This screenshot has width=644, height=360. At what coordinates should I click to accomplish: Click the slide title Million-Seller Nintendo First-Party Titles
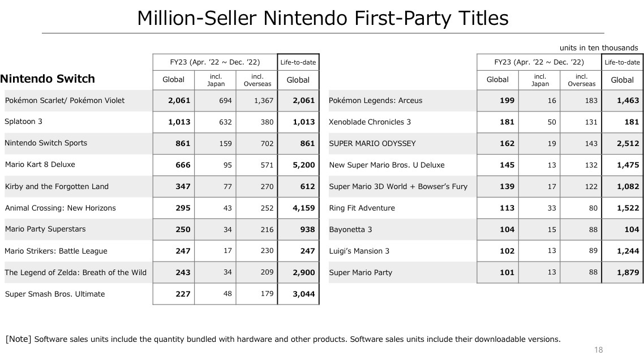pyautogui.click(x=323, y=18)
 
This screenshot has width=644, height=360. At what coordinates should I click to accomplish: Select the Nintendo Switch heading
pyautogui.click(x=48, y=79)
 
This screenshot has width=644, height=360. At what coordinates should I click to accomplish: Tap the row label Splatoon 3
pyautogui.click(x=24, y=121)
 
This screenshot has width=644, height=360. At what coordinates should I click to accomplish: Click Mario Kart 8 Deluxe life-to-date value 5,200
pyautogui.click(x=303, y=165)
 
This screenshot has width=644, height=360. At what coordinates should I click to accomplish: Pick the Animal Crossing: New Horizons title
pyautogui.click(x=60, y=208)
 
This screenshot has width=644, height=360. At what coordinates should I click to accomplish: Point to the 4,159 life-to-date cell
pyautogui.click(x=303, y=208)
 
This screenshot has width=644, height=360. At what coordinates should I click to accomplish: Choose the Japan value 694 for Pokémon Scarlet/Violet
pyautogui.click(x=225, y=100)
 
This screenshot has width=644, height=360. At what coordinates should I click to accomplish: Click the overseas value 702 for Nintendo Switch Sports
pyautogui.click(x=266, y=143)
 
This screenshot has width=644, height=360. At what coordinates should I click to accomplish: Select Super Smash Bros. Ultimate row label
pyautogui.click(x=55, y=294)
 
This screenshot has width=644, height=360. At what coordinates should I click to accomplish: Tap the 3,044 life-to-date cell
pyautogui.click(x=303, y=294)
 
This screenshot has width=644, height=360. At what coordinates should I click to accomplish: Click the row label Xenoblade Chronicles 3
pyautogui.click(x=370, y=122)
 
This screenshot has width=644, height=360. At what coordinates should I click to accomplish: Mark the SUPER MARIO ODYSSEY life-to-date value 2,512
pyautogui.click(x=628, y=143)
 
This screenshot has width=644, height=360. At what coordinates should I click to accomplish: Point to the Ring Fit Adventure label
pyautogui.click(x=362, y=208)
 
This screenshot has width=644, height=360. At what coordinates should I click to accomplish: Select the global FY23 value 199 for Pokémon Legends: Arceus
pyautogui.click(x=507, y=100)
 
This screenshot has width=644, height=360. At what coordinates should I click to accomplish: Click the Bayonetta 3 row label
pyautogui.click(x=350, y=229)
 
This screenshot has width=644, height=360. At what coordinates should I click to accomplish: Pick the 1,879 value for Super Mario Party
pyautogui.click(x=628, y=272)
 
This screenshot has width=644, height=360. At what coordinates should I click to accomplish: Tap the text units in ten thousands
pyautogui.click(x=599, y=48)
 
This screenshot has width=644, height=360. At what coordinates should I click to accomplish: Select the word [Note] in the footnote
pyautogui.click(x=18, y=339)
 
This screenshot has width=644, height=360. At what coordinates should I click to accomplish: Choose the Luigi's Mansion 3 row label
pyautogui.click(x=359, y=251)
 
